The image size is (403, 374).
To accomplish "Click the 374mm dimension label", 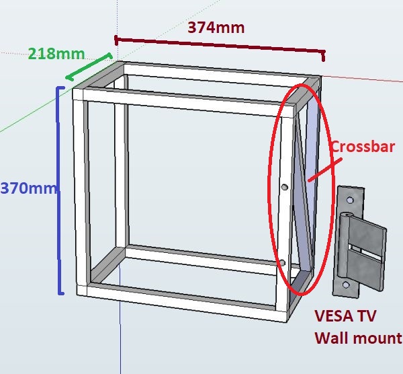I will click(x=216, y=28).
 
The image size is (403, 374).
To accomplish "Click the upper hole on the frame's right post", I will click(x=285, y=188).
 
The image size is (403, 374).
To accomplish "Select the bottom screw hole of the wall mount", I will click(x=346, y=285).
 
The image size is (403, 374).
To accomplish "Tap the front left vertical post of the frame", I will click(x=81, y=195).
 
